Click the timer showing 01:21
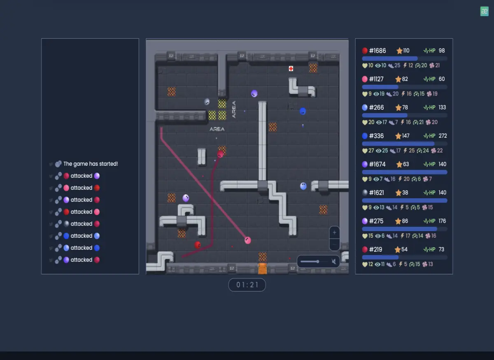(x=247, y=285)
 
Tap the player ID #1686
(x=377, y=51)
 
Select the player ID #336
(x=376, y=136)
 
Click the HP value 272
(x=443, y=136)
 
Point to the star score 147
(x=405, y=136)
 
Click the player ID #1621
(x=376, y=193)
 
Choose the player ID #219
(x=375, y=250)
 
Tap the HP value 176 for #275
(x=442, y=221)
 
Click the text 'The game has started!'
(x=91, y=164)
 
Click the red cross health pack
(x=291, y=69)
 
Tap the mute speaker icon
(x=334, y=261)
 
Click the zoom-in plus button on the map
(x=334, y=232)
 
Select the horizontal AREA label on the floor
(x=217, y=129)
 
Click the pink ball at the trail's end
(x=248, y=240)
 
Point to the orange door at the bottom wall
(x=263, y=269)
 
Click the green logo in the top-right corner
(x=484, y=11)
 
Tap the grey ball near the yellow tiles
(x=207, y=102)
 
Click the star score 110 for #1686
(x=406, y=51)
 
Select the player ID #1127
(x=376, y=79)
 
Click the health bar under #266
(x=404, y=115)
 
